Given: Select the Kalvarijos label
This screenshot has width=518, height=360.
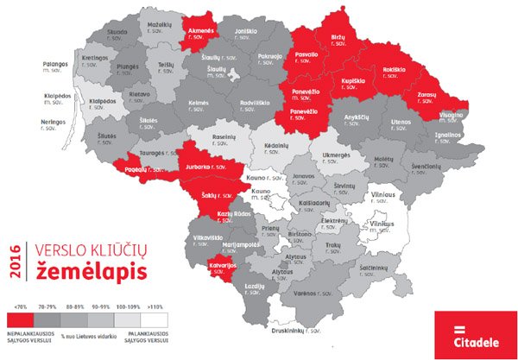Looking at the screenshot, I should pos(222,267).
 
